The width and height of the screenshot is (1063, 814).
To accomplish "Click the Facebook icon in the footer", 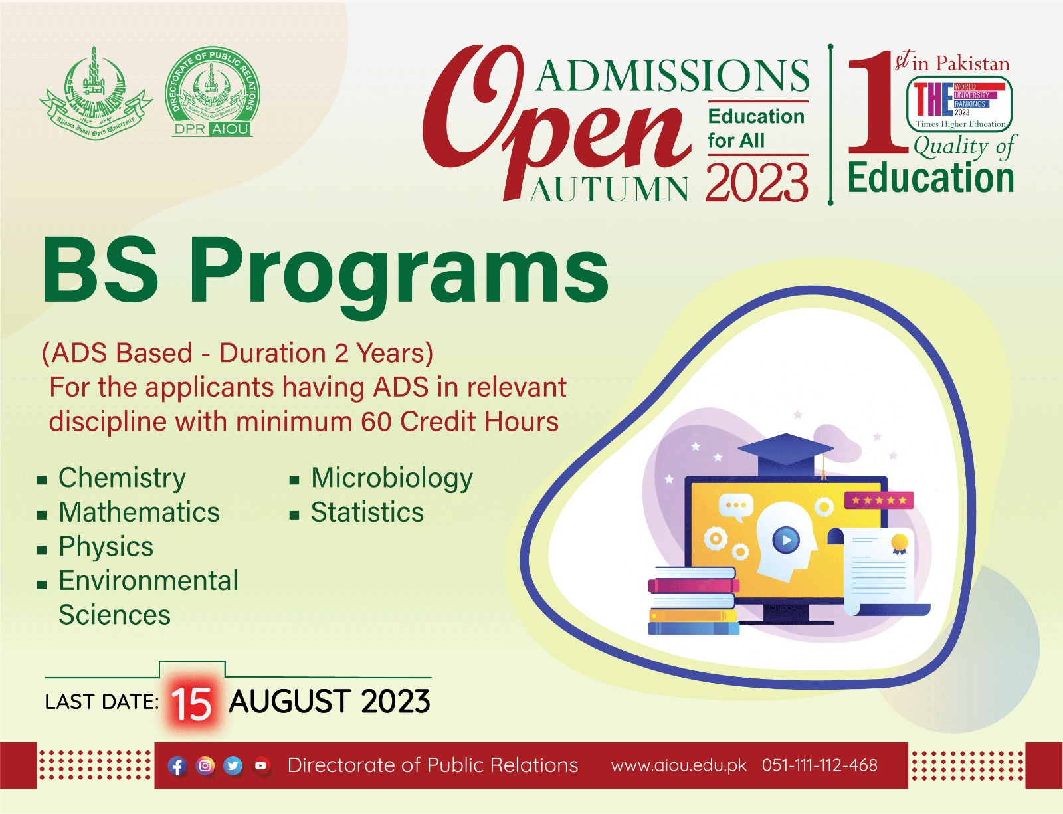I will point(177,766).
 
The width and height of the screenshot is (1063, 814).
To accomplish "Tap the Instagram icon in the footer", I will point(205,766).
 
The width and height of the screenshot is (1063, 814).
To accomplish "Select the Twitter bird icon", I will point(233,766).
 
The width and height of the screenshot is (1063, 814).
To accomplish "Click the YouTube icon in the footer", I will point(261,766).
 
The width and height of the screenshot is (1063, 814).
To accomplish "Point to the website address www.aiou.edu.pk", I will point(678,765).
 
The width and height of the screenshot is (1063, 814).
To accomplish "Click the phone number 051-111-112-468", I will point(819,765).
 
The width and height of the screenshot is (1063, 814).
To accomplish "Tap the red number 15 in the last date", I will point(191,704).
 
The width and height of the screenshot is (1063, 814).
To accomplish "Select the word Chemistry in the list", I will point(122,478).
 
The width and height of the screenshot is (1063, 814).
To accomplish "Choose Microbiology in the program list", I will point(392,478).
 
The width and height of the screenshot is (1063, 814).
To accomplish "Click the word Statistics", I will point(367,512).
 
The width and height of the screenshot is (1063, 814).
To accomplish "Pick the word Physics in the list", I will point(106,547).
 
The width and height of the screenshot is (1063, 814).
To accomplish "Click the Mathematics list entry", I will point(139,512).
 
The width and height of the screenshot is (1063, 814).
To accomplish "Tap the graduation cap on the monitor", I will point(786,453).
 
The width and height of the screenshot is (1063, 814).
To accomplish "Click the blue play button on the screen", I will point(786,540).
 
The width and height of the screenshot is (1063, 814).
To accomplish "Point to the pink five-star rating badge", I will point(878,500).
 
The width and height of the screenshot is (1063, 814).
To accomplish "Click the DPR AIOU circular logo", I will point(212,92).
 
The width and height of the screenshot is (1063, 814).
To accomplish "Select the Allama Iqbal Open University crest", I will point(96,93).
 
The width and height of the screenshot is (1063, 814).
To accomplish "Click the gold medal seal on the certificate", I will point(899,543).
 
